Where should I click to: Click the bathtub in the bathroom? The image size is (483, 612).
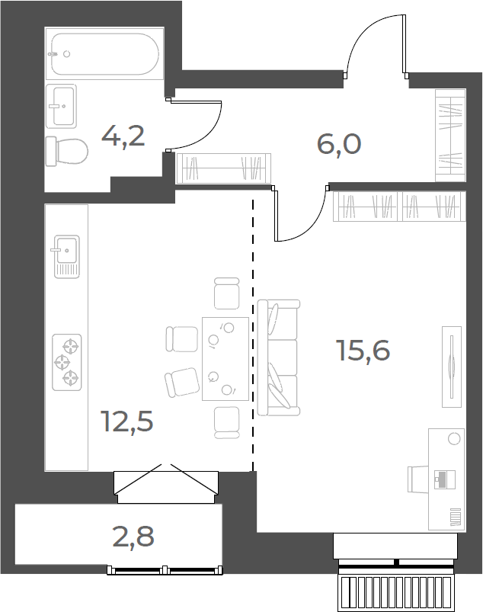(104, 53)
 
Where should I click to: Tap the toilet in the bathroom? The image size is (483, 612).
(66, 152)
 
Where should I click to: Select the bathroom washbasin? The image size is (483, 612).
(61, 106)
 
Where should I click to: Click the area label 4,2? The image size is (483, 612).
(123, 136)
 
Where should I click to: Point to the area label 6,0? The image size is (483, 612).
(339, 144)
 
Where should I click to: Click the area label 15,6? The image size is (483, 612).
(363, 350)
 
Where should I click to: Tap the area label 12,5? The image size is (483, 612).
(126, 421)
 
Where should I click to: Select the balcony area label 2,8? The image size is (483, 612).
(133, 537)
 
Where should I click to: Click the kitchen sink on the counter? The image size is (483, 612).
(66, 256)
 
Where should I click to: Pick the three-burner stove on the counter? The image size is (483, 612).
(67, 362)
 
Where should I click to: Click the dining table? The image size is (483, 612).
(226, 359)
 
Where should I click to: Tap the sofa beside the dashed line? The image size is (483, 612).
(279, 357)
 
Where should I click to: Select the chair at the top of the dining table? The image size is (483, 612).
(227, 293)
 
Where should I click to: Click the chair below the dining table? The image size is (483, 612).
(227, 423)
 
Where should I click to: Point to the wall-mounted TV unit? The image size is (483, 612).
(452, 367)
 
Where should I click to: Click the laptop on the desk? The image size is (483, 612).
(445, 479)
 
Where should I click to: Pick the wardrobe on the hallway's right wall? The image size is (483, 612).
(450, 136)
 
